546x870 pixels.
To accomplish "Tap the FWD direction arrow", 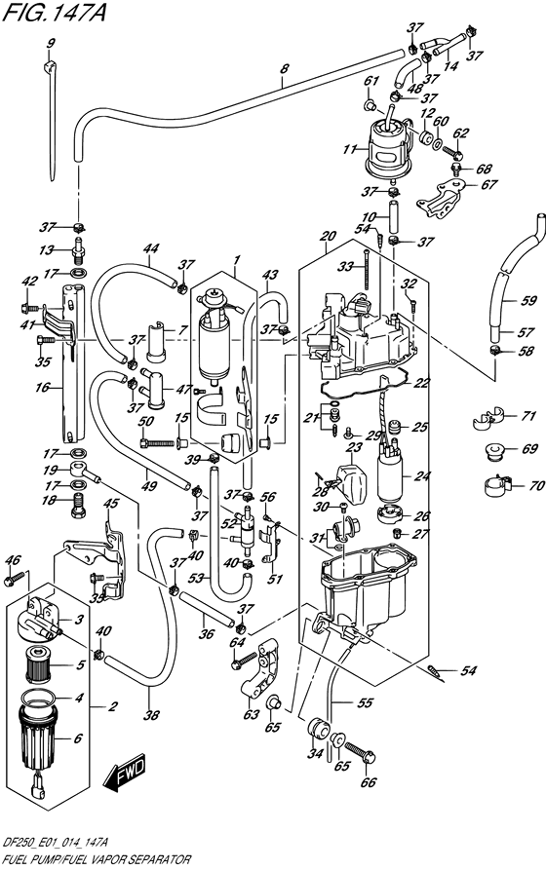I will [127, 775].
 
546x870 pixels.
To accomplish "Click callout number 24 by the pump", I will [421, 476].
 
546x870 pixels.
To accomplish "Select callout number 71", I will [529, 416].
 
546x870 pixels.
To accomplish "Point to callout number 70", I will [529, 483].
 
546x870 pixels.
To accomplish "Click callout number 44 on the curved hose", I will [150, 248].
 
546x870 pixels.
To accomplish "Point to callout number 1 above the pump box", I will [235, 261].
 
